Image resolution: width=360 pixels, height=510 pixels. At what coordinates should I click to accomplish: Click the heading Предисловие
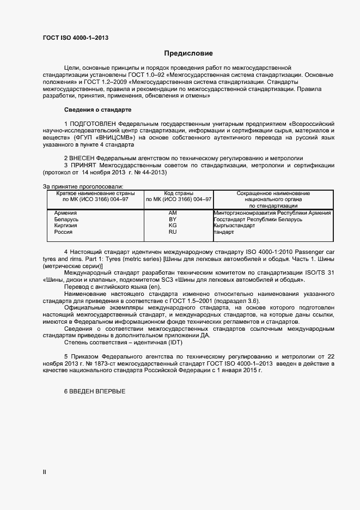pos(188,53)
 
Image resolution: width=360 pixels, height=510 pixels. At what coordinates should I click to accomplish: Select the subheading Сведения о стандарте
pos(94,110)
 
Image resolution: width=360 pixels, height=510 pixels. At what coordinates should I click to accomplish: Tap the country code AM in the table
pos(173,212)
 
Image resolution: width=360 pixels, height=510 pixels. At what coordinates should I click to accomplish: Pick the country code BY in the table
pos(173,219)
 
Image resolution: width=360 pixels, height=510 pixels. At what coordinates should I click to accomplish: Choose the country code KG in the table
pos(173,226)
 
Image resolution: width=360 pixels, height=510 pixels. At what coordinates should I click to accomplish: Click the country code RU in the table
pos(173,232)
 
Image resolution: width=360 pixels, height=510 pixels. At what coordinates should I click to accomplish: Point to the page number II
pos(45,472)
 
